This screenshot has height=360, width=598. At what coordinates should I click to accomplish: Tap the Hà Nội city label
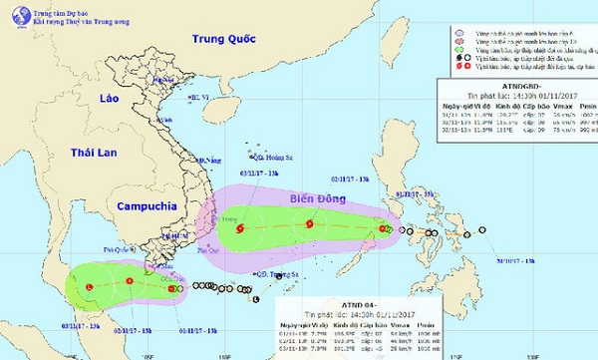pos(194,97)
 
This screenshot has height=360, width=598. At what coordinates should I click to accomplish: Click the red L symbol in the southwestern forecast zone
pos(90,287)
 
